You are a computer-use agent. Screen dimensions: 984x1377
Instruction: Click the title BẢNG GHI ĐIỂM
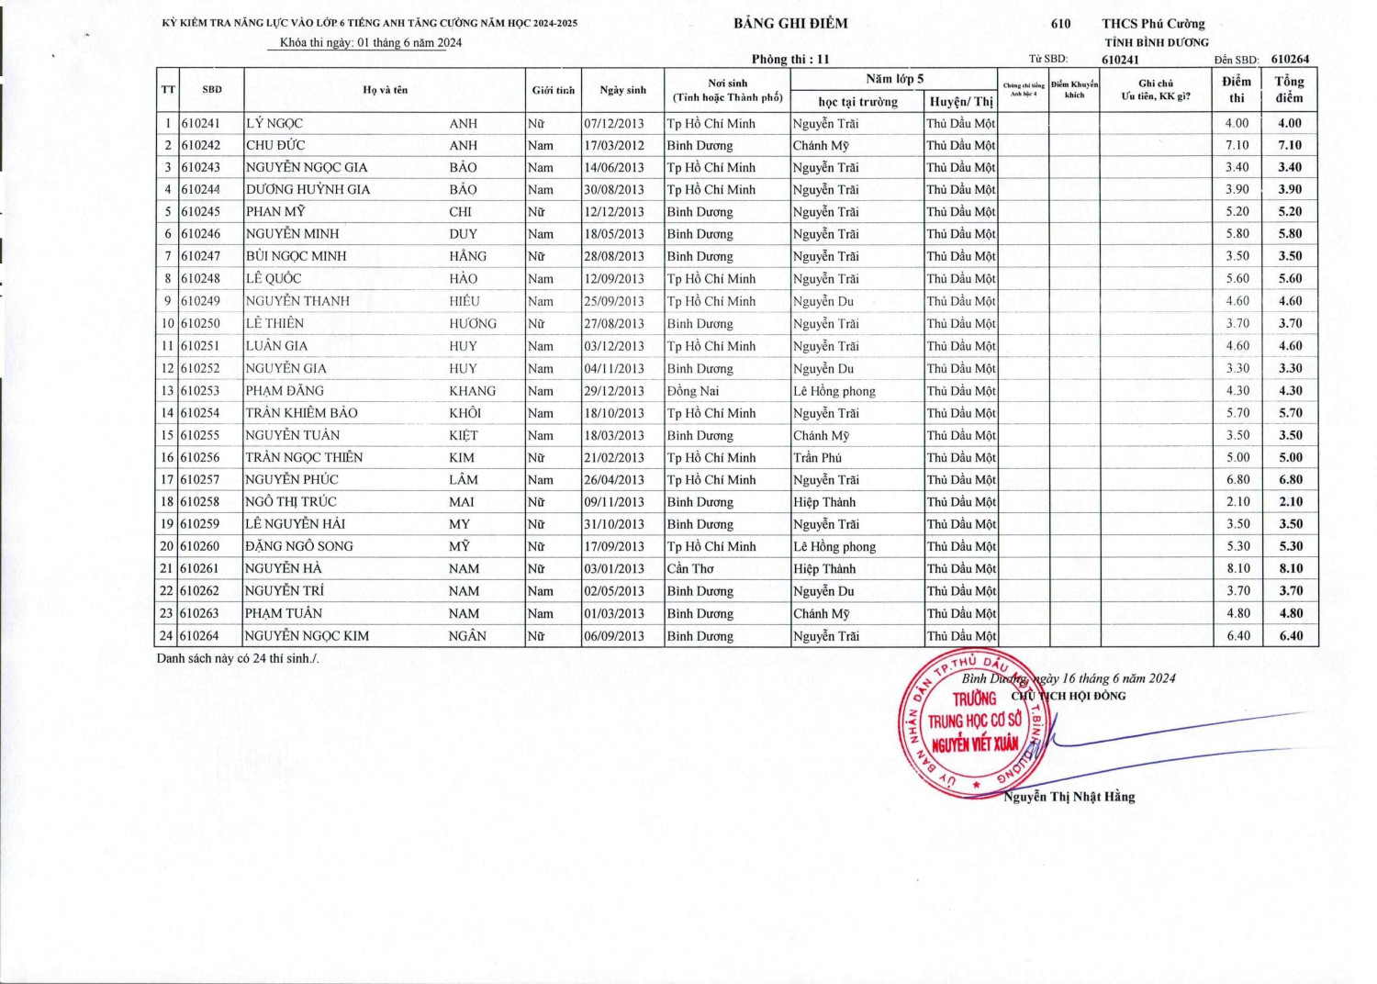coord(790,24)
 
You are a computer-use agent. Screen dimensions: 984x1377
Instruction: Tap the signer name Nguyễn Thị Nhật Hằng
coord(1069,797)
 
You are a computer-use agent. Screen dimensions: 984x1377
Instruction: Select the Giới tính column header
coord(553,90)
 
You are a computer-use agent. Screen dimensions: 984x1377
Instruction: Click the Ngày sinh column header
coord(622,90)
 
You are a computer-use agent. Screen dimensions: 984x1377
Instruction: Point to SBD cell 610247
coord(200,256)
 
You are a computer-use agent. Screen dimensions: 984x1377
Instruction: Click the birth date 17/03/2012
coord(614,145)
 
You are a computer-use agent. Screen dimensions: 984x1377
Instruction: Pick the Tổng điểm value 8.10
coord(1290,569)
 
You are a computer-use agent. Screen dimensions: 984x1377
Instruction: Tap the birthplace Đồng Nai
coord(693,391)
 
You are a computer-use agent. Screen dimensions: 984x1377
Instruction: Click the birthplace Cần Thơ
coord(690,569)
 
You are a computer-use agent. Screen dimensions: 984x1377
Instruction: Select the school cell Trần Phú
coord(817,458)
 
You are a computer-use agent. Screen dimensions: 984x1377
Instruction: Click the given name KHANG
coord(472,391)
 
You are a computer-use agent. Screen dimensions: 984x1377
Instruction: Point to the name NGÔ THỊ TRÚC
coord(291,502)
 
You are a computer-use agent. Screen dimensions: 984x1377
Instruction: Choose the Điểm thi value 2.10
coord(1237,502)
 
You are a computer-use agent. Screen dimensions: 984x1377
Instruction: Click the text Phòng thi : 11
coord(789,60)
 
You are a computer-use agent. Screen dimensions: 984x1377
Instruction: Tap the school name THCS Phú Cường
coord(1153,24)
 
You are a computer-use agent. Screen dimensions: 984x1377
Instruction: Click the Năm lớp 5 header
coord(894,79)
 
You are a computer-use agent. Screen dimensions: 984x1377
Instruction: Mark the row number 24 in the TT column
coord(167,636)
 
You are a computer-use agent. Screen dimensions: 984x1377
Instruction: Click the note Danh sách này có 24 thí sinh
coord(238,658)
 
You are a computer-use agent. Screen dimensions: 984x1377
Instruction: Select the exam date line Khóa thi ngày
coord(371,43)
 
